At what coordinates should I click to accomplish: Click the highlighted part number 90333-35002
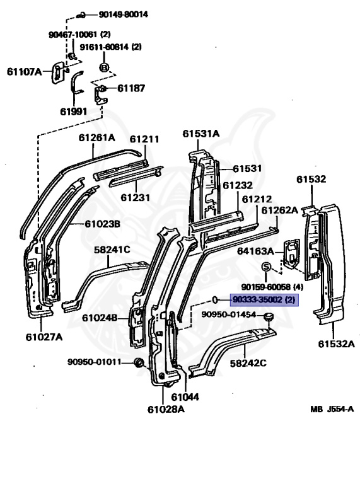257,299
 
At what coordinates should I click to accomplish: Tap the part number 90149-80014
123,14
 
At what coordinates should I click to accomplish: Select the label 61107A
24,72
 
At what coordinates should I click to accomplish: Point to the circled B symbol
105,67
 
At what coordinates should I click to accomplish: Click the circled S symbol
266,267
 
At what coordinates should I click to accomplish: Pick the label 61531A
201,134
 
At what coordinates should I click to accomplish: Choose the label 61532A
337,343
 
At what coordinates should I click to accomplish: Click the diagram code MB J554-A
332,409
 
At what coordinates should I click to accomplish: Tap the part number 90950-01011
94,362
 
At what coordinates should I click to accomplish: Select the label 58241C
112,250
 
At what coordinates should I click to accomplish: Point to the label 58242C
248,363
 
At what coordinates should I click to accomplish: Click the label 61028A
166,409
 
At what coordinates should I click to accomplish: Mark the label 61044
185,397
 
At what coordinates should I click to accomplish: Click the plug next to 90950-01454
269,317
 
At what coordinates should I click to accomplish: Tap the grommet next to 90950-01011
139,362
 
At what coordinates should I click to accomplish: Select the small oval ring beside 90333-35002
215,299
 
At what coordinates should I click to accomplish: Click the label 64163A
255,251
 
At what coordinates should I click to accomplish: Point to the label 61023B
103,224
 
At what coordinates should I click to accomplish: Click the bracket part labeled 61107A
58,72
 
